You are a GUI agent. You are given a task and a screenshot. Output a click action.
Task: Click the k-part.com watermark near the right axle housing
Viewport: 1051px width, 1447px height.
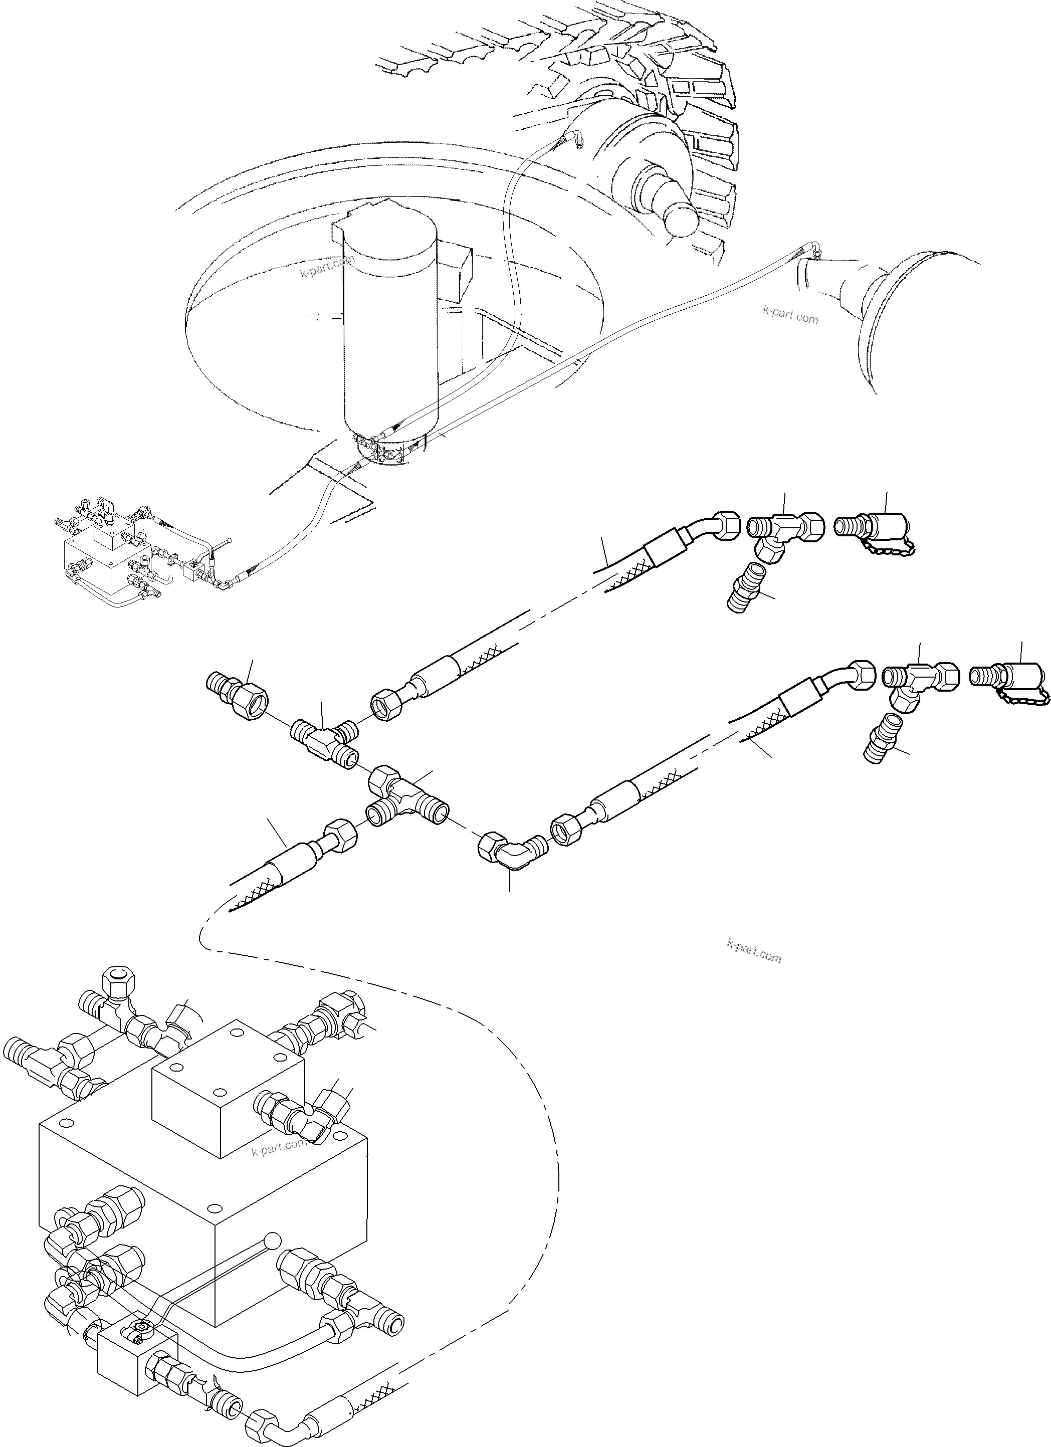point(790,315)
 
